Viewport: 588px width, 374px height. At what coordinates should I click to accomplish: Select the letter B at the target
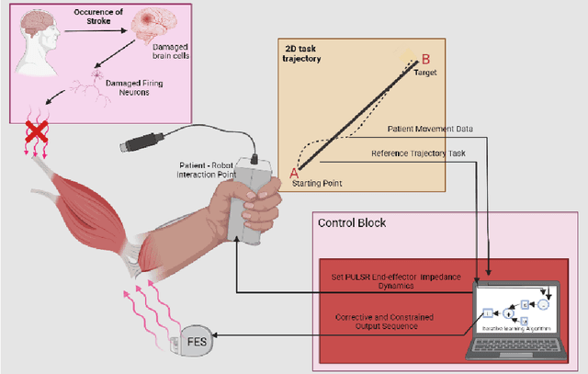click(425, 59)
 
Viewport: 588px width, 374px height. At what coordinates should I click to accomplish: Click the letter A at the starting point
click(295, 173)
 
